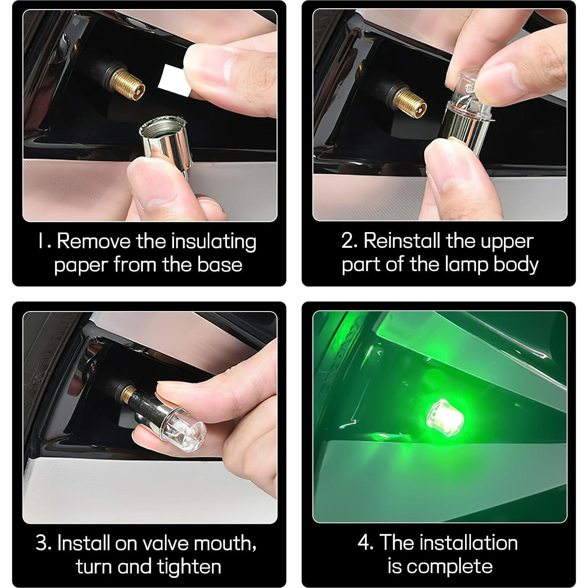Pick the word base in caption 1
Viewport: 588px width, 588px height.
220,264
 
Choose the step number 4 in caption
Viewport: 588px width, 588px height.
365,543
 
